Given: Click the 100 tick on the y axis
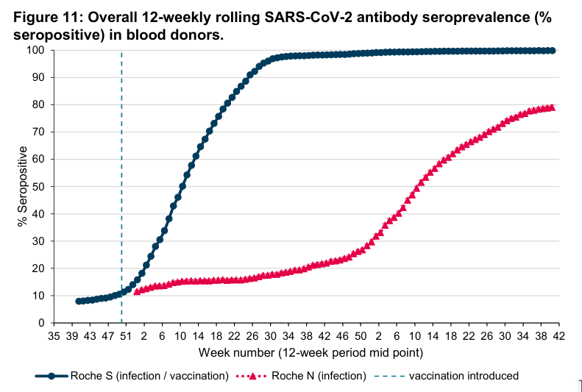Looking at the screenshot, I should point(36,50).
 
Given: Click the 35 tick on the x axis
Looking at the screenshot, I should point(54,335).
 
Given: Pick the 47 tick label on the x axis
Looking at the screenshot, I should point(109,335).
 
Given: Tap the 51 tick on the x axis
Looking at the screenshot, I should point(127,335).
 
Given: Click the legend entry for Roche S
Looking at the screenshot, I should point(132,376).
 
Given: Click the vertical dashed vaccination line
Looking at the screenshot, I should point(121,184).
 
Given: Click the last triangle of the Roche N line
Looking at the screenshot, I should point(551,107).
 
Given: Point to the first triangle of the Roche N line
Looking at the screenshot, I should point(136,291).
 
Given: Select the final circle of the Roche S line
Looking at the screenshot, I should point(552,51).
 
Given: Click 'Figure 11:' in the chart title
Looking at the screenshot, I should point(48,17).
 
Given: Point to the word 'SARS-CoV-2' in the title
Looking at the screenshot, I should point(291,17).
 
